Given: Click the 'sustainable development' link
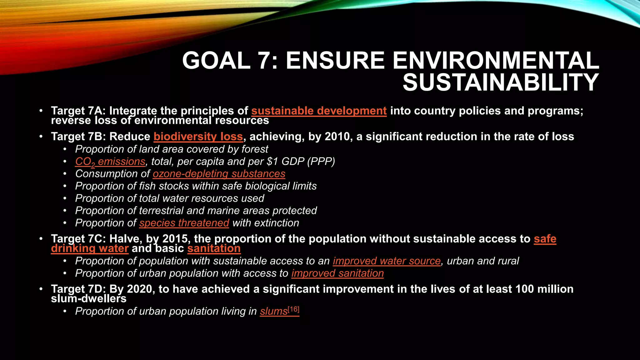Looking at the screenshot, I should (319, 111).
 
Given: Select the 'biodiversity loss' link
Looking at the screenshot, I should (198, 137).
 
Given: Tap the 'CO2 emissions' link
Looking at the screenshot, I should (110, 162).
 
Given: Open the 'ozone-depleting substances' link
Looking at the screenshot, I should (219, 174).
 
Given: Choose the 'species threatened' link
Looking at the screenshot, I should (184, 223).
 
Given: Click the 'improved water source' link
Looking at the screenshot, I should (387, 261).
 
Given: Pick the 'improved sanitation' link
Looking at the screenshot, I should (337, 273).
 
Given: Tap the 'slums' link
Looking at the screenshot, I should (273, 312).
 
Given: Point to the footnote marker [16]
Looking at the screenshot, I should (293, 309).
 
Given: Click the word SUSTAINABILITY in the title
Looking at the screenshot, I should (501, 82).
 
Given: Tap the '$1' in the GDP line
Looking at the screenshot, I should (272, 162).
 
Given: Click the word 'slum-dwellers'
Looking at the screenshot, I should (89, 299).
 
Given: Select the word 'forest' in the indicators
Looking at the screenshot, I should (255, 149).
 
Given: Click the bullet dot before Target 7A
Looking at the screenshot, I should (41, 111).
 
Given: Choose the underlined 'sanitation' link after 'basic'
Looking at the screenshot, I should (214, 248).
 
